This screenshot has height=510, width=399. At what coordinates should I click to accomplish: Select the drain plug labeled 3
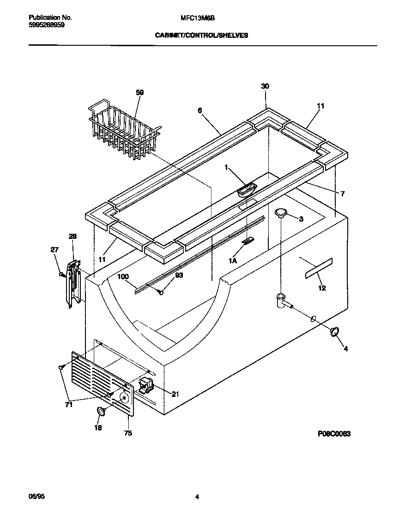[281, 212]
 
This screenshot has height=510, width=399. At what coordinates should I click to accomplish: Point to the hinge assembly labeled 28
[73, 283]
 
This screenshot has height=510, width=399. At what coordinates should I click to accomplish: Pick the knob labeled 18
[100, 411]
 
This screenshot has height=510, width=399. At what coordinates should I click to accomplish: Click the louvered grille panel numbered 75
[103, 382]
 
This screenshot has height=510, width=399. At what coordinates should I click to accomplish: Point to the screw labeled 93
[159, 291]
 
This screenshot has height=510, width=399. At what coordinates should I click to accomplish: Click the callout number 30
[265, 86]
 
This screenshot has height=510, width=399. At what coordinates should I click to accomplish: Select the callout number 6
[199, 110]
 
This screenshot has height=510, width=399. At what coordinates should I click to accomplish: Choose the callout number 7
[342, 194]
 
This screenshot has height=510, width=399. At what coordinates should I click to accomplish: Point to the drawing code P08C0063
[334, 434]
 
